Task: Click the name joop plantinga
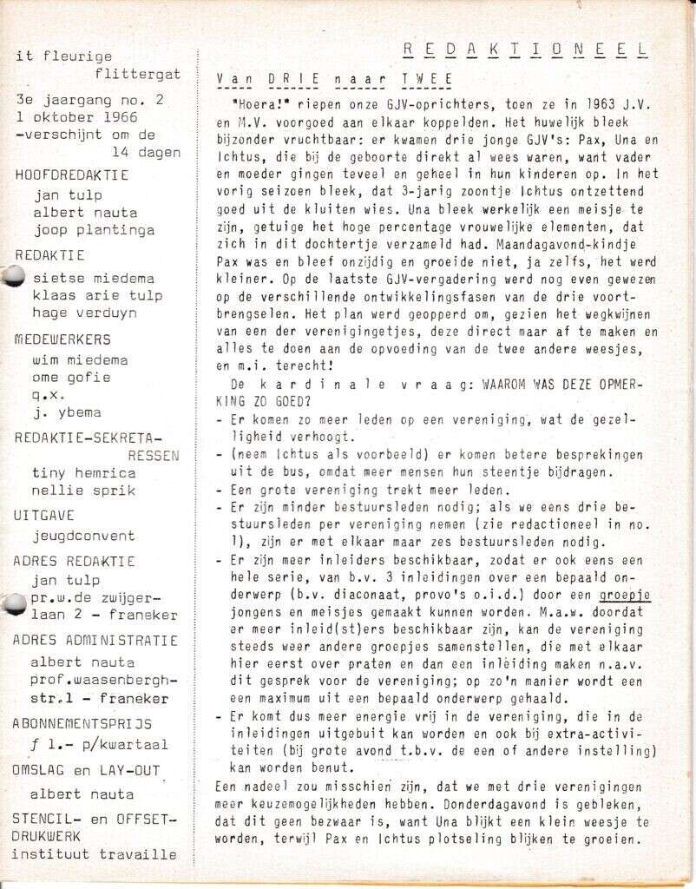pos(95,230)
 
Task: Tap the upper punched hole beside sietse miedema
pos(14,277)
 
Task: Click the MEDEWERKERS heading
pos(63,339)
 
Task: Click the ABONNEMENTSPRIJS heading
pos(82,722)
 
